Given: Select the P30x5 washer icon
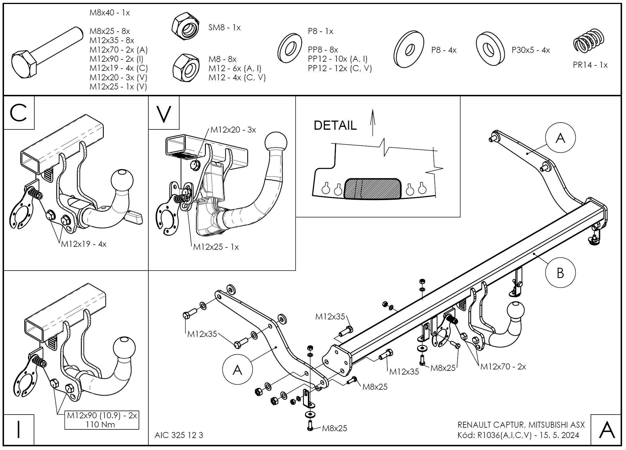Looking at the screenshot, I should point(490,49).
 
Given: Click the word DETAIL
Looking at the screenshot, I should point(335,125).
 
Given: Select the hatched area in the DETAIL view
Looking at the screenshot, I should point(372,189).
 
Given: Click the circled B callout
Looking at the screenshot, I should point(560,273).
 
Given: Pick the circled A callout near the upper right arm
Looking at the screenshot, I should point(560,138).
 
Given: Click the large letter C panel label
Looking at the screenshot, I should point(19,113).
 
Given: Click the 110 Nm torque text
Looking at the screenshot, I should point(100,425).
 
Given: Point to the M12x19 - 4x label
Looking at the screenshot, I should point(83,244).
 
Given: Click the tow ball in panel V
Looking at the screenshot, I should point(276,142).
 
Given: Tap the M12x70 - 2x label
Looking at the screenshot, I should point(503,367).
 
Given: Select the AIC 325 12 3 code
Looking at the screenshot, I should point(179,435).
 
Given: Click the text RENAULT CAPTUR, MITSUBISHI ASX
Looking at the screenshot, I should point(521,425).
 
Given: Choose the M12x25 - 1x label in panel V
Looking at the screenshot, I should point(216,247).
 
